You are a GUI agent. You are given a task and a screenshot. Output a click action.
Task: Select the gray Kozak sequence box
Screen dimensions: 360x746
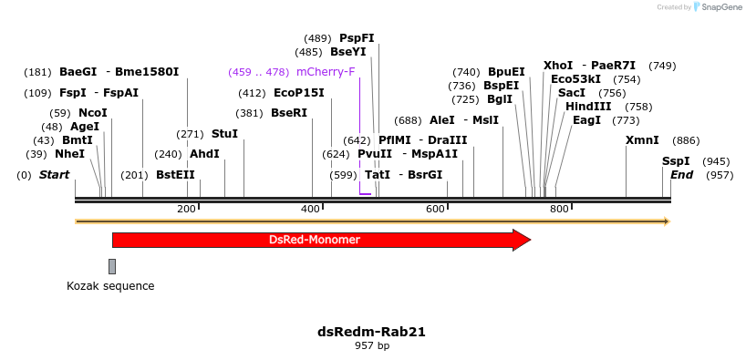tap(112, 266)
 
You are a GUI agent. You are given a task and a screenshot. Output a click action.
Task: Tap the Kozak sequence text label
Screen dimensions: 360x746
tap(110, 286)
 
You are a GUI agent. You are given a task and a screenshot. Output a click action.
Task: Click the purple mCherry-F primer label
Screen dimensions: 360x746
tap(326, 71)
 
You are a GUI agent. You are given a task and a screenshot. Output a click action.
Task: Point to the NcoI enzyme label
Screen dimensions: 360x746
tap(93, 113)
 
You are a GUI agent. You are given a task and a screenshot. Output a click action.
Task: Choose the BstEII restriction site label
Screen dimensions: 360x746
tap(175, 175)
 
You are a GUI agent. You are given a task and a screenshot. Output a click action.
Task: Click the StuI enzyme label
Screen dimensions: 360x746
tap(224, 134)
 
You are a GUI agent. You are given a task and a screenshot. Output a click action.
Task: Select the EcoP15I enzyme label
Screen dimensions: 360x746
tap(299, 93)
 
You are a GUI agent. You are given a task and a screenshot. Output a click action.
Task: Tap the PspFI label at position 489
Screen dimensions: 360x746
tap(357, 38)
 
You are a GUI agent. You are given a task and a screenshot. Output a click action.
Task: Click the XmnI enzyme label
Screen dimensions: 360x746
tap(642, 140)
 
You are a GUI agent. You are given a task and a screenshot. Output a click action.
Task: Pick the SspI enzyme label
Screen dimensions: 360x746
tap(676, 161)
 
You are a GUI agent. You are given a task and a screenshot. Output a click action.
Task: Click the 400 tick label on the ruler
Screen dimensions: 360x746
tap(310, 210)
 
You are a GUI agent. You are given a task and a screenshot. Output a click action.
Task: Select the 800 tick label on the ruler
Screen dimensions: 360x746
tap(559, 210)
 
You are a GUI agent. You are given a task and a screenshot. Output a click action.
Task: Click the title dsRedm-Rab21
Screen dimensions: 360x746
tap(371, 332)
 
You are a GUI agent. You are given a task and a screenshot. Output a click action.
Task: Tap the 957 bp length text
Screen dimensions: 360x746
tap(371, 346)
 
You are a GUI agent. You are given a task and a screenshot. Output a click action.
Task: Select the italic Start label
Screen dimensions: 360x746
tap(54, 175)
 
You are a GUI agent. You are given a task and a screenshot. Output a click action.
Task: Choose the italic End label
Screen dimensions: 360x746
tap(682, 175)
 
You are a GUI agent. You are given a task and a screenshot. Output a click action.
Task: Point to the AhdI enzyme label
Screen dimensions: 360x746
tap(204, 154)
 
